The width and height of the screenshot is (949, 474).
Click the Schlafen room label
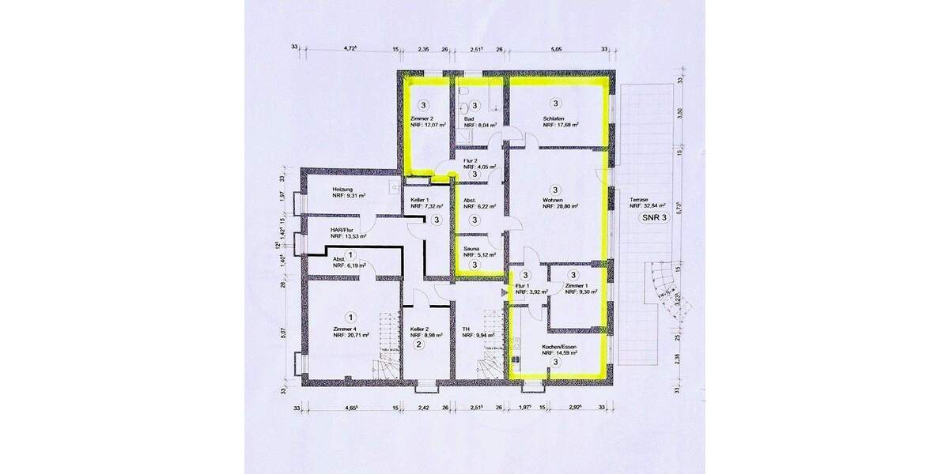click(553, 118)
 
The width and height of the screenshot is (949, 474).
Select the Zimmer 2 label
click(422, 118)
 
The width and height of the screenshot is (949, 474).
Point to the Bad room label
click(469, 118)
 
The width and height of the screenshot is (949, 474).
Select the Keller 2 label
click(420, 329)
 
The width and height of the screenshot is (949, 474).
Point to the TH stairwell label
click(467, 329)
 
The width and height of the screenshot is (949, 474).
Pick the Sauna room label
click(472, 247)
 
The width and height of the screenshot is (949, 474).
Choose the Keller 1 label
click(419, 200)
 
